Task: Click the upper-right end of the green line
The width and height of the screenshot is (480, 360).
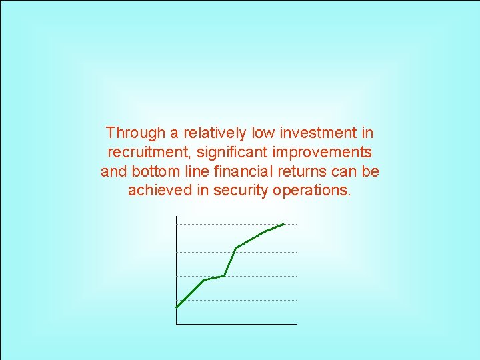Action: coord(284,224)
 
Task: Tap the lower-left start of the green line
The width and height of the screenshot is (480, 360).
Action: coord(177,307)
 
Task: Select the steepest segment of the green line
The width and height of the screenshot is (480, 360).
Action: coord(230,261)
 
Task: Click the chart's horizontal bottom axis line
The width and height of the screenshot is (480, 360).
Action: coord(237,324)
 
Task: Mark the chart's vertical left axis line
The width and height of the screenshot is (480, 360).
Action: coord(177,267)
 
